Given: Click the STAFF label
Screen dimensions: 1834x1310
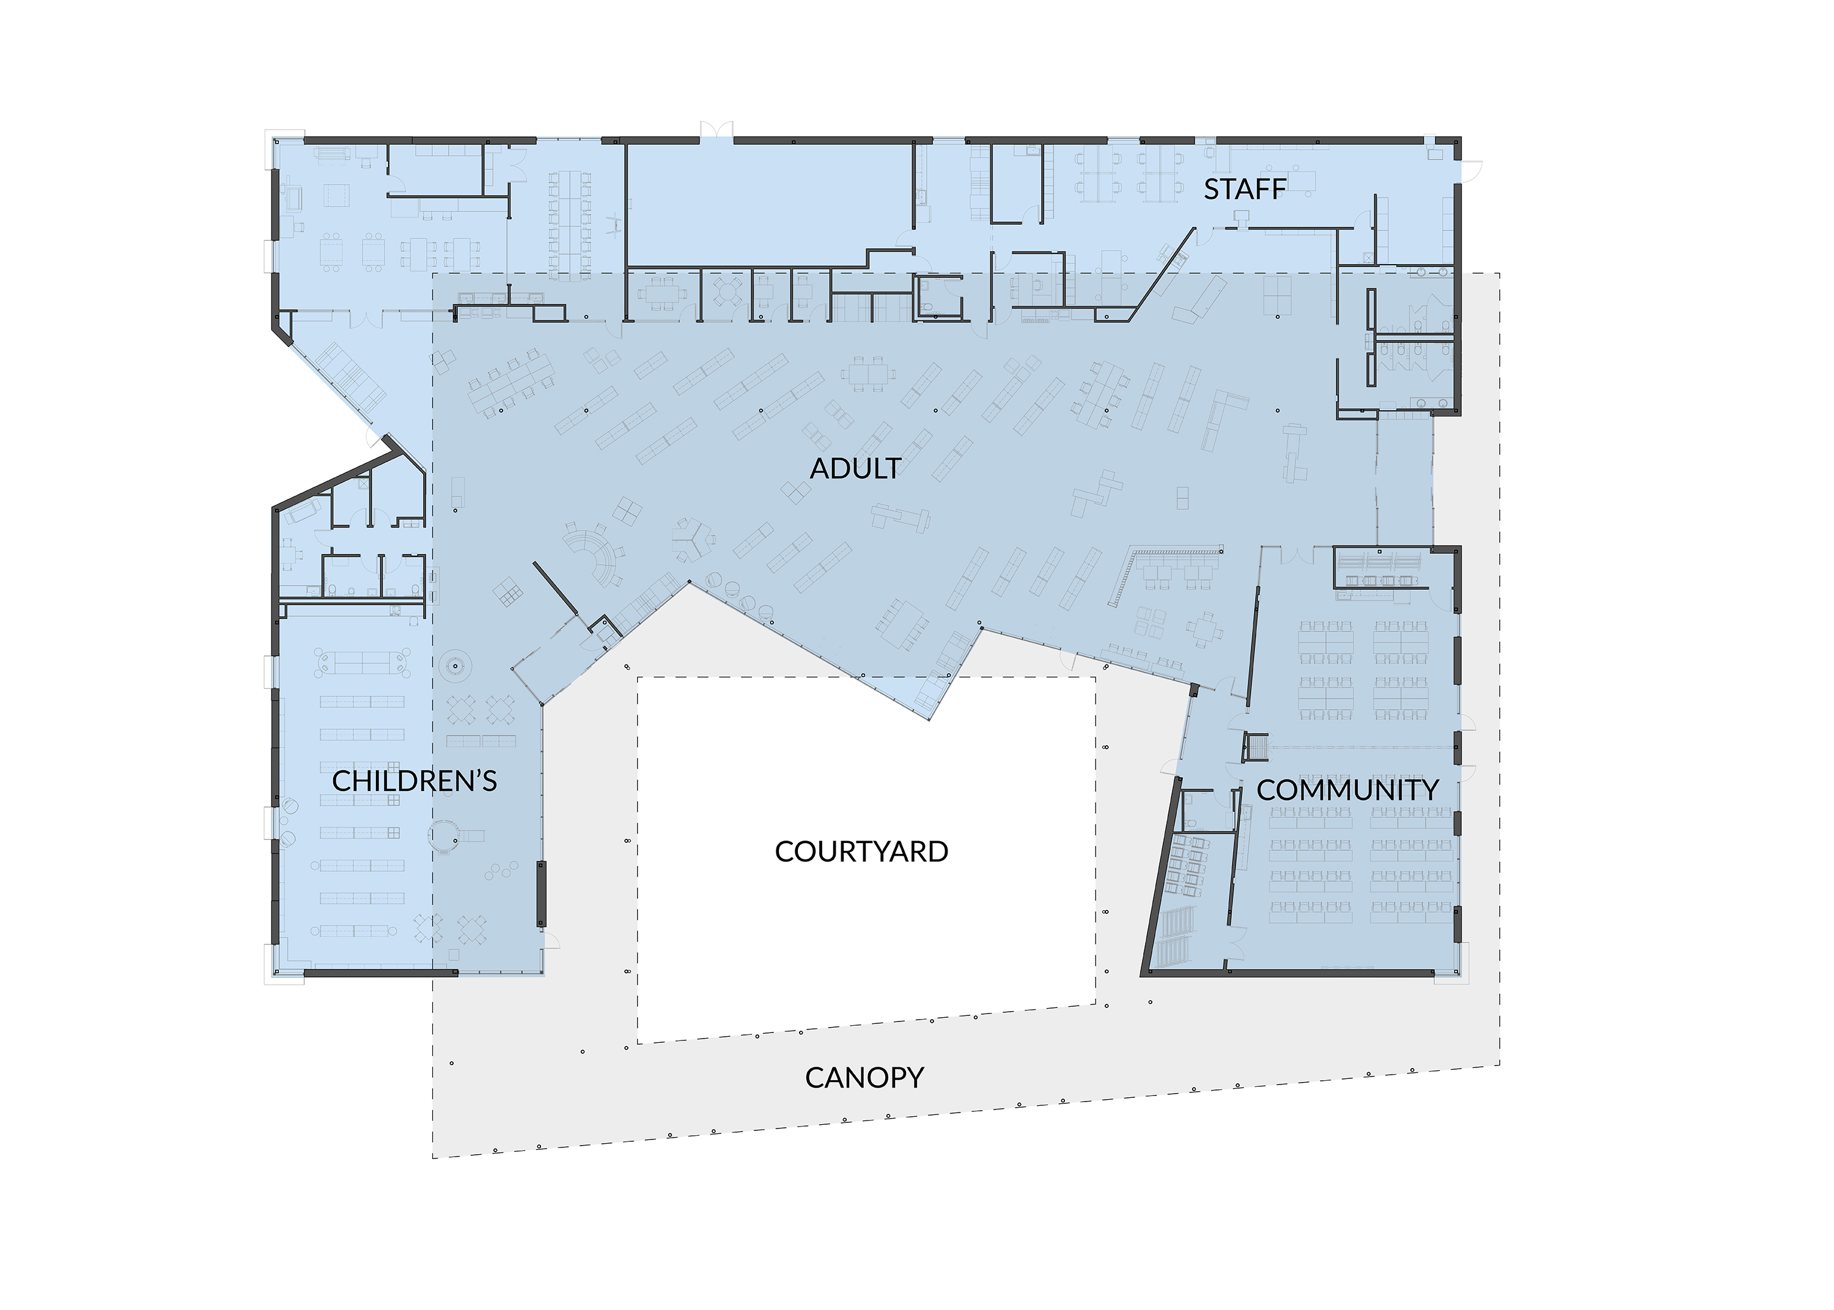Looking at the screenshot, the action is pos(1245,189).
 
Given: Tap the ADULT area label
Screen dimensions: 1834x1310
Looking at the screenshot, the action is pos(855,469).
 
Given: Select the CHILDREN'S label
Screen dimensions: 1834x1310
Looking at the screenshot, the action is pos(414,781).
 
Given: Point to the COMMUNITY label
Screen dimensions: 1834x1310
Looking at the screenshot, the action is pos(1347,790).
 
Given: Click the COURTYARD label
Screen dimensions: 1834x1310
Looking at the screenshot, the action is pos(861,852).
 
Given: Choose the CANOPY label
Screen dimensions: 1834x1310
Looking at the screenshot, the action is pos(864,1078).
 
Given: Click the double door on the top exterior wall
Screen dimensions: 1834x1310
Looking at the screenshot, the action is pos(716,131).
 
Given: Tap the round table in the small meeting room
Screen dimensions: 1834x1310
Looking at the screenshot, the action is pos(728,292).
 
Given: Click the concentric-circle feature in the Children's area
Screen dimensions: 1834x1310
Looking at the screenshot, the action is pos(455,666).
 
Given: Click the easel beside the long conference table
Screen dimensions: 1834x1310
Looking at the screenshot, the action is pos(614,224).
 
